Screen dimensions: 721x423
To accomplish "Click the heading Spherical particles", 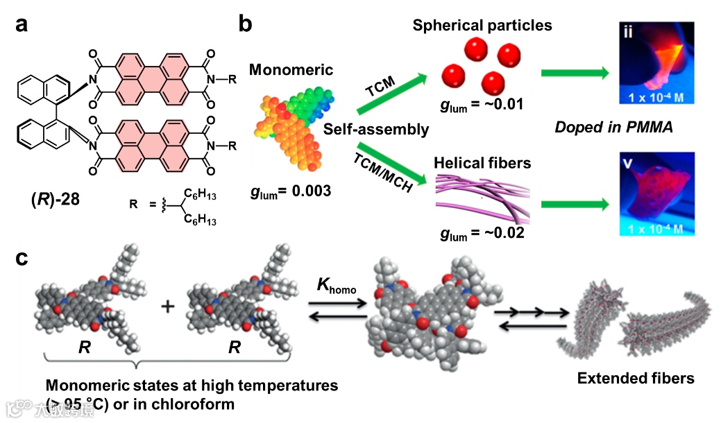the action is pos(482,26).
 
